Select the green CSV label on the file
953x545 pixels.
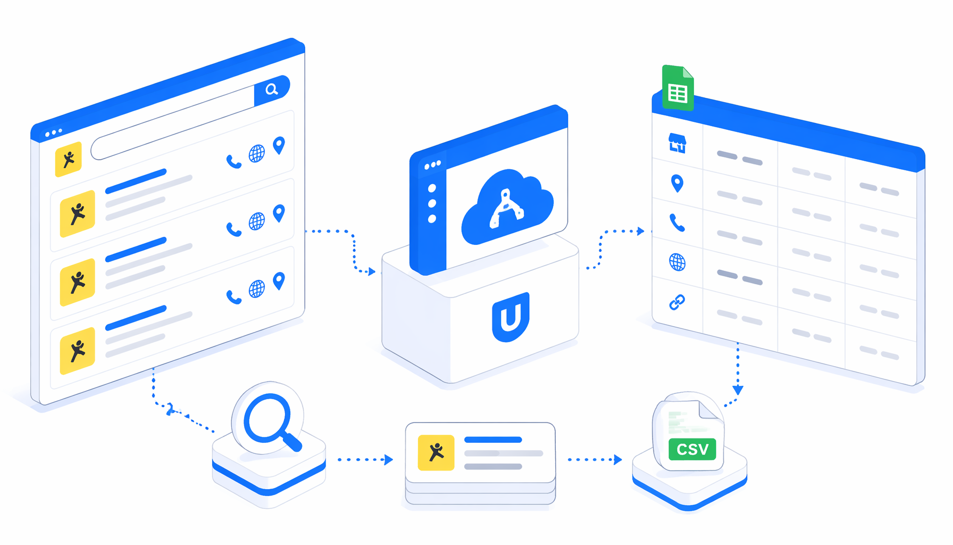click(692, 449)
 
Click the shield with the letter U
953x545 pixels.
click(511, 317)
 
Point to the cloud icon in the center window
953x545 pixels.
click(507, 207)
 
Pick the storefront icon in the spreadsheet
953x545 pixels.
click(677, 143)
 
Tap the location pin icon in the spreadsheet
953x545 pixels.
click(677, 183)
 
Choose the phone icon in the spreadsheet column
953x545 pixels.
click(677, 222)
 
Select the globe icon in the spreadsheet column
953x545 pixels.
click(677, 262)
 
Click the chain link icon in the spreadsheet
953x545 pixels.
click(677, 302)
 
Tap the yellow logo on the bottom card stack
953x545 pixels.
click(436, 453)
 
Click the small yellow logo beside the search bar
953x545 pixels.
click(69, 159)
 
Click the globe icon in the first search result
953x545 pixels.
click(257, 153)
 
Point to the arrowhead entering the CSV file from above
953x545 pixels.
click(738, 390)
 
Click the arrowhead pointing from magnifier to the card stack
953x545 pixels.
click(389, 459)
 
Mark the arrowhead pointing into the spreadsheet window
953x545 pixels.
click(641, 231)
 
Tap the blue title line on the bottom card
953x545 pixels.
click(493, 440)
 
